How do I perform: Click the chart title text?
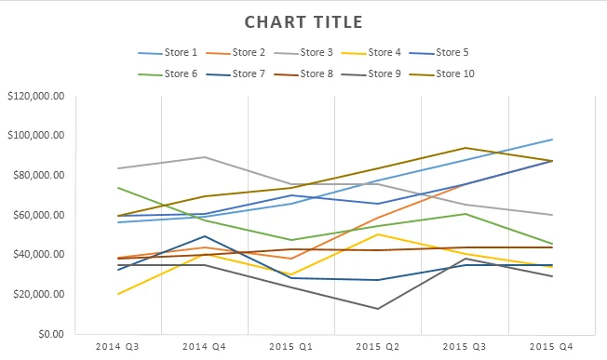pos(303,21)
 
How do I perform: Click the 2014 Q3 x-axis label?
pos(118,346)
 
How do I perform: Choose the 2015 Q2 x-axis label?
pos(378,346)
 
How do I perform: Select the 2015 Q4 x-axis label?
pos(551,346)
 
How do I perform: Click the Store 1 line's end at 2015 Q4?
pos(552,140)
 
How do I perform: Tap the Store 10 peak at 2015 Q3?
pos(465,148)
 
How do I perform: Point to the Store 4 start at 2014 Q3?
pos(118,294)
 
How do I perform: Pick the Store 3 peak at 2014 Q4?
pos(205,157)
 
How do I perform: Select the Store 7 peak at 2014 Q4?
pos(205,236)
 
